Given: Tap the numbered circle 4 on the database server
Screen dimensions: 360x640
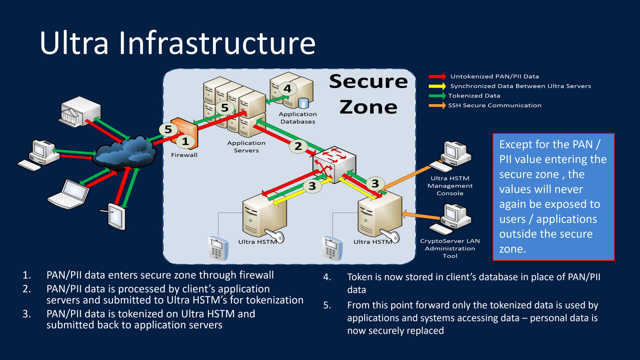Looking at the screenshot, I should [287, 88].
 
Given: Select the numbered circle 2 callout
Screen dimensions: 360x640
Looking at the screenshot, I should [298, 146].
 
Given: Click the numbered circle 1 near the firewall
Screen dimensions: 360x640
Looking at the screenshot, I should [185, 141].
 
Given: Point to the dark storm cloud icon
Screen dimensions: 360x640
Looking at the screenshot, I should [124, 153].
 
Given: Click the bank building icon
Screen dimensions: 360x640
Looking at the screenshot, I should [80, 112].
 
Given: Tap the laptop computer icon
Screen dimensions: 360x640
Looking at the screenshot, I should [68, 195].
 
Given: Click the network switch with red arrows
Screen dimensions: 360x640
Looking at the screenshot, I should [334, 164].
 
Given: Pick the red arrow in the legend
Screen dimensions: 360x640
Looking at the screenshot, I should [437, 76].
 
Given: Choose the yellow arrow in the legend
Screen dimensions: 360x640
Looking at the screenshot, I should [437, 86].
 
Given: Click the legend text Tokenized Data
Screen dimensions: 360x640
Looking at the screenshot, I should [474, 96].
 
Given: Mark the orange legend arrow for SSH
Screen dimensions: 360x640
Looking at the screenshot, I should [437, 105].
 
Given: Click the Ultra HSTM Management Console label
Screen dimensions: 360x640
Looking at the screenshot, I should [450, 186].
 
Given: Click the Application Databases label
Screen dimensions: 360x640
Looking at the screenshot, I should [298, 118].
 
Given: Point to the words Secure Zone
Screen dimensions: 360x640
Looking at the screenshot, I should [368, 94].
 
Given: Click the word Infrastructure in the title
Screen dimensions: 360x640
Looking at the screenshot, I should [217, 43].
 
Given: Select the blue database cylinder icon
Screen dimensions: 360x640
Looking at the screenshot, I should [303, 103].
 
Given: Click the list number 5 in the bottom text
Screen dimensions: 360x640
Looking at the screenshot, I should [327, 305].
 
